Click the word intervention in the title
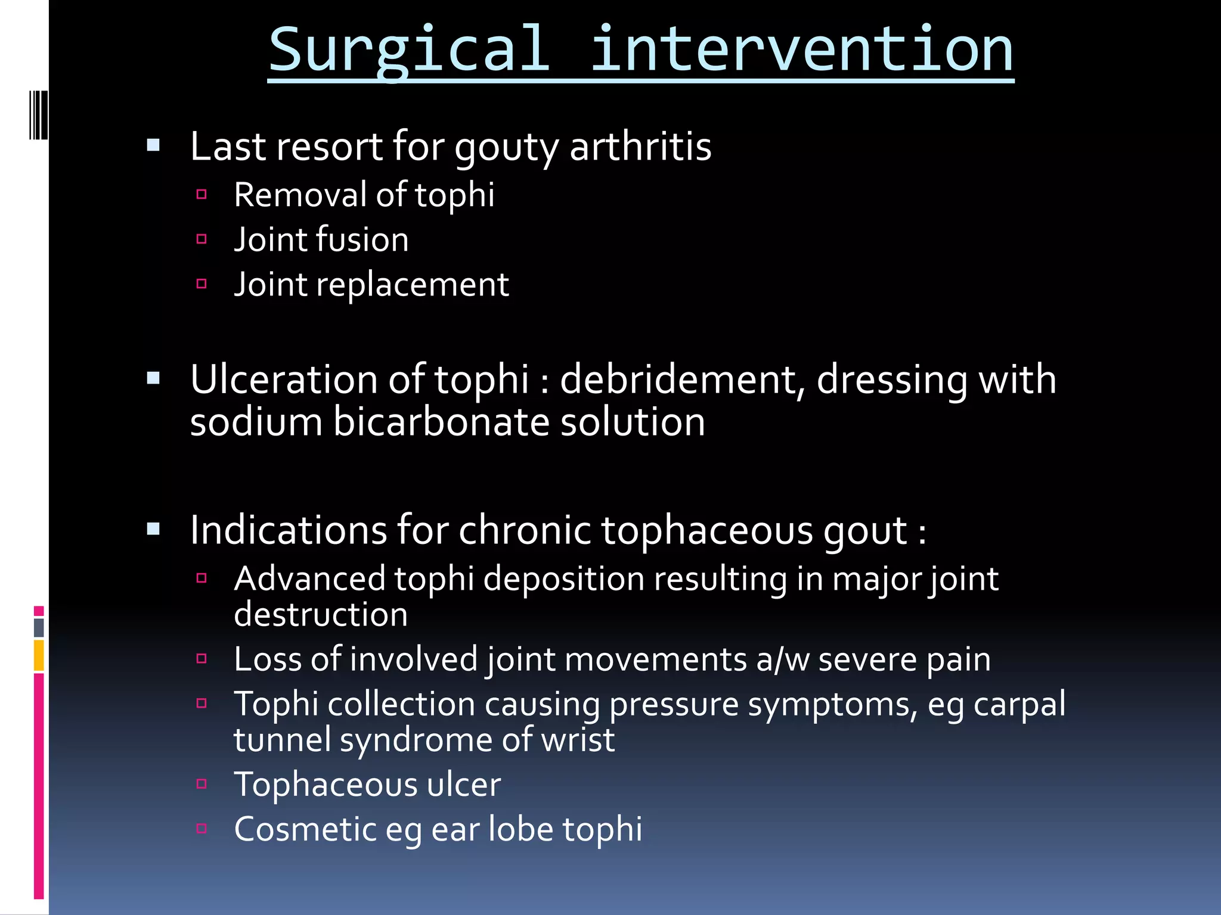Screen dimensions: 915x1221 pyautogui.click(x=801, y=51)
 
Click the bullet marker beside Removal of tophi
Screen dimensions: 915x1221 pyautogui.click(x=202, y=194)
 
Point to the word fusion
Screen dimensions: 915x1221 pyautogui.click(x=362, y=239)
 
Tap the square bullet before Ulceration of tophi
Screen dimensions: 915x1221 pyautogui.click(x=153, y=378)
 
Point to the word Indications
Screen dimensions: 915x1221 pyautogui.click(x=289, y=530)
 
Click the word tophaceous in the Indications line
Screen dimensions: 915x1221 pyautogui.click(x=706, y=530)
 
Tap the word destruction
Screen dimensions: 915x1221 pyautogui.click(x=321, y=615)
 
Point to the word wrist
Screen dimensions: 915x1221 pyautogui.click(x=577, y=740)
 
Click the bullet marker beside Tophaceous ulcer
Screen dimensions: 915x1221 pyautogui.click(x=202, y=784)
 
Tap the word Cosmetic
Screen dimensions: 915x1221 pyautogui.click(x=305, y=829)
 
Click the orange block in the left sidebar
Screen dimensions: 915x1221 pyautogui.click(x=39, y=655)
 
